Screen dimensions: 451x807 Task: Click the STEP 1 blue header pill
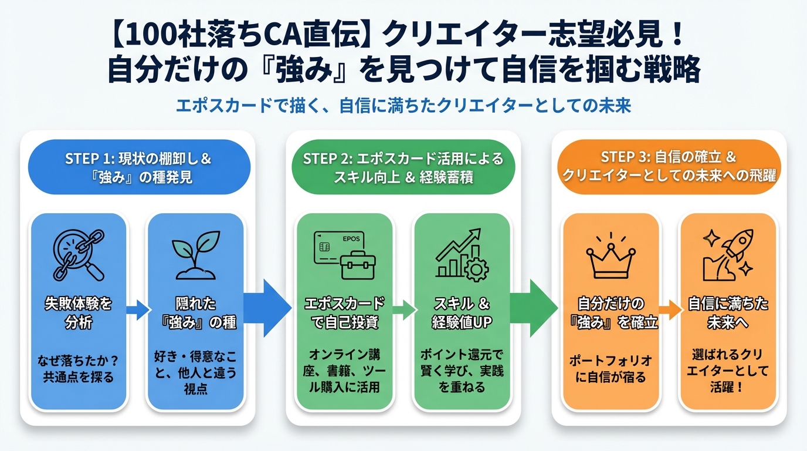click(x=139, y=167)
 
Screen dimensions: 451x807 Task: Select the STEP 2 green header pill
click(x=403, y=167)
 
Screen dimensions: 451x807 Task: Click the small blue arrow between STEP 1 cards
click(x=137, y=309)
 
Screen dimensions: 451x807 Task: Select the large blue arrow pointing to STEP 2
click(x=267, y=308)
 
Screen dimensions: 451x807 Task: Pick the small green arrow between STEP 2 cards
click(x=403, y=309)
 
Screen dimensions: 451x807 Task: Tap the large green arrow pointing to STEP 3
click(x=533, y=308)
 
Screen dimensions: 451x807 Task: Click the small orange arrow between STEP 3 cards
click(x=669, y=309)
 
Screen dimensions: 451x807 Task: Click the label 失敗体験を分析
click(x=78, y=312)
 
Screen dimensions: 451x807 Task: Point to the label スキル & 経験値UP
click(x=462, y=312)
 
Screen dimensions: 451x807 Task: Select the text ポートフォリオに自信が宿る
click(x=611, y=368)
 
